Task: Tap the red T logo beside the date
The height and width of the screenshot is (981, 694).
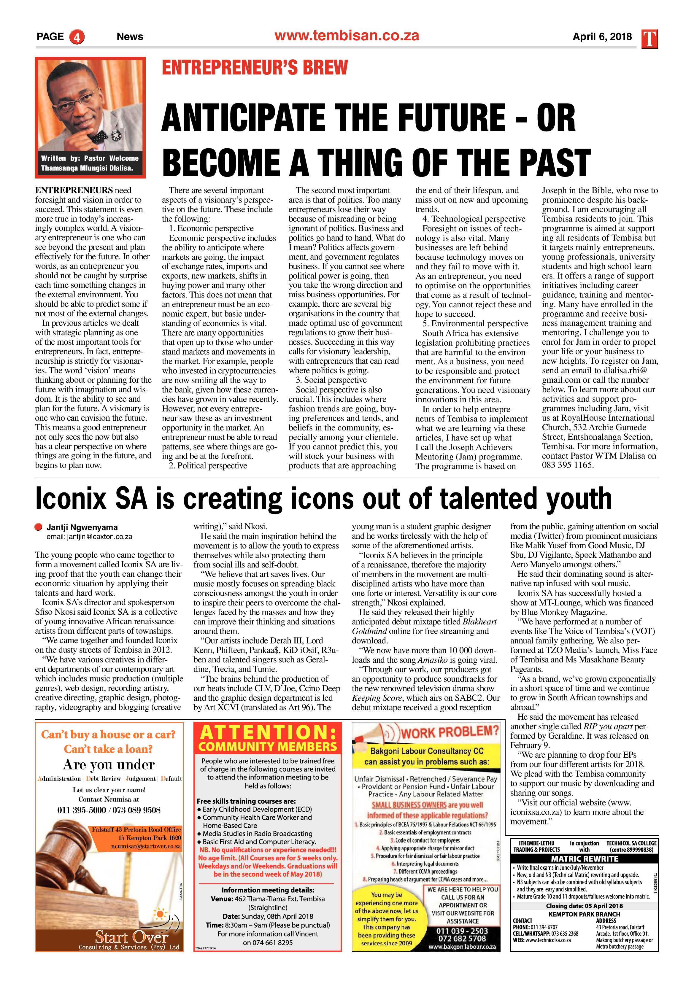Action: [x=649, y=39]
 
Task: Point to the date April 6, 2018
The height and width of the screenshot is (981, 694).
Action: [x=602, y=37]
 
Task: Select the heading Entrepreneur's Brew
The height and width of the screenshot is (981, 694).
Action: [x=255, y=68]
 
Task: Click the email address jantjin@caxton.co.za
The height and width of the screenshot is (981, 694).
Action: [x=89, y=537]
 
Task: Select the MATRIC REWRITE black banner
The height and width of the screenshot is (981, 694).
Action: [x=584, y=859]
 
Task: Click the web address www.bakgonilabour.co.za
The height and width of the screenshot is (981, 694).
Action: [x=462, y=947]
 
